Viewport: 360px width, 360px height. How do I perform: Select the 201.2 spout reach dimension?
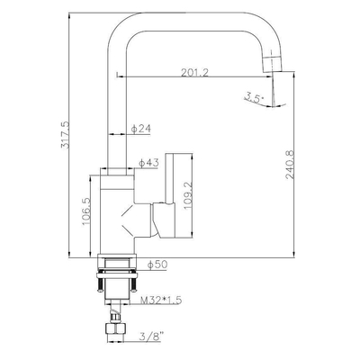[194, 73]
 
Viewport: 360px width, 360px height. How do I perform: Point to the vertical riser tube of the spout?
[117, 108]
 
